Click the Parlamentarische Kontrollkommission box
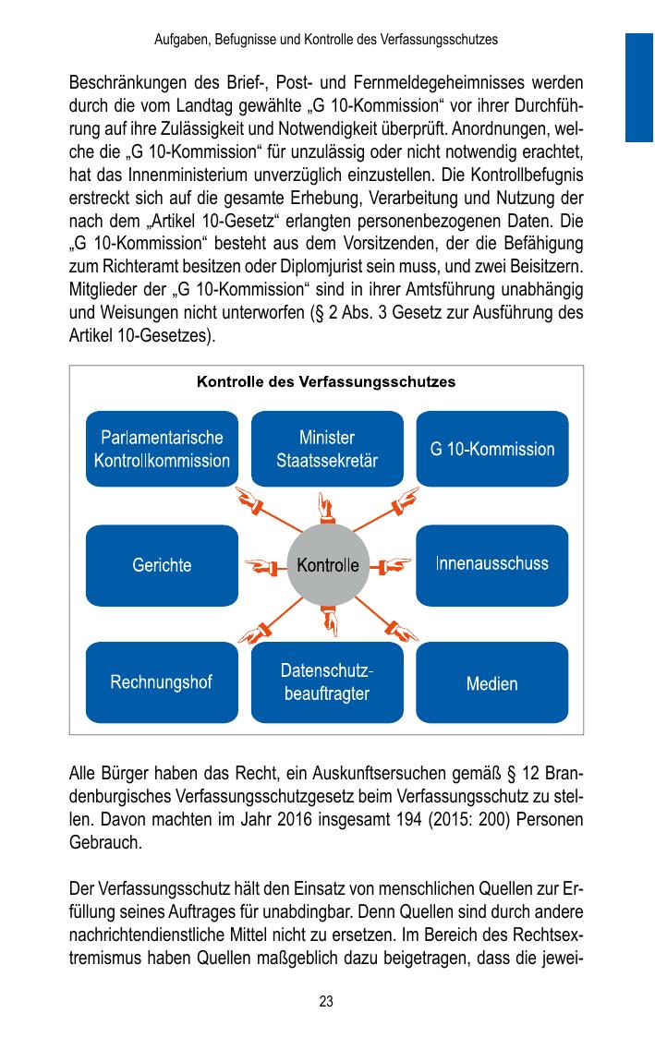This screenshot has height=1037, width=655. (x=162, y=448)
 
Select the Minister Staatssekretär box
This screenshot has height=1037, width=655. (x=327, y=448)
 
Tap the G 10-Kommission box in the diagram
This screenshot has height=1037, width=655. (x=492, y=449)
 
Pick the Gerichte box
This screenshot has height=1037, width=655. (x=162, y=565)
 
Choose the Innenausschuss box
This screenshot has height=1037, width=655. (x=492, y=564)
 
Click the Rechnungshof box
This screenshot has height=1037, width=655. (x=162, y=682)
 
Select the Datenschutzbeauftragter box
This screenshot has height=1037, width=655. (x=327, y=682)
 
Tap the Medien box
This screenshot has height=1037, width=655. (x=492, y=683)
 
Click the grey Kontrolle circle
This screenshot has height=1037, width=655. (x=327, y=565)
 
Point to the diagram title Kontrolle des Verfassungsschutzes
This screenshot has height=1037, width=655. (x=326, y=380)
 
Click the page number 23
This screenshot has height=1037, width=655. (x=326, y=1001)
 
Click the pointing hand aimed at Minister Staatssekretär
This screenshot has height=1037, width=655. (x=326, y=505)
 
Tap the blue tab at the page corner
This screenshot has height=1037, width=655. (x=639, y=88)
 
